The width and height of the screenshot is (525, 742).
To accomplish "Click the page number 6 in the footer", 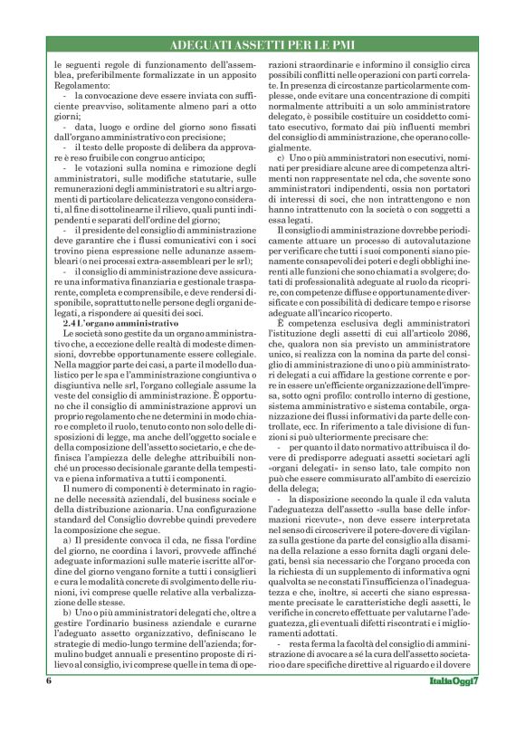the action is pyautogui.click(x=49, y=706).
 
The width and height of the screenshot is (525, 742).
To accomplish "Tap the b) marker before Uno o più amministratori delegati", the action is pyautogui.click(x=67, y=614).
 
